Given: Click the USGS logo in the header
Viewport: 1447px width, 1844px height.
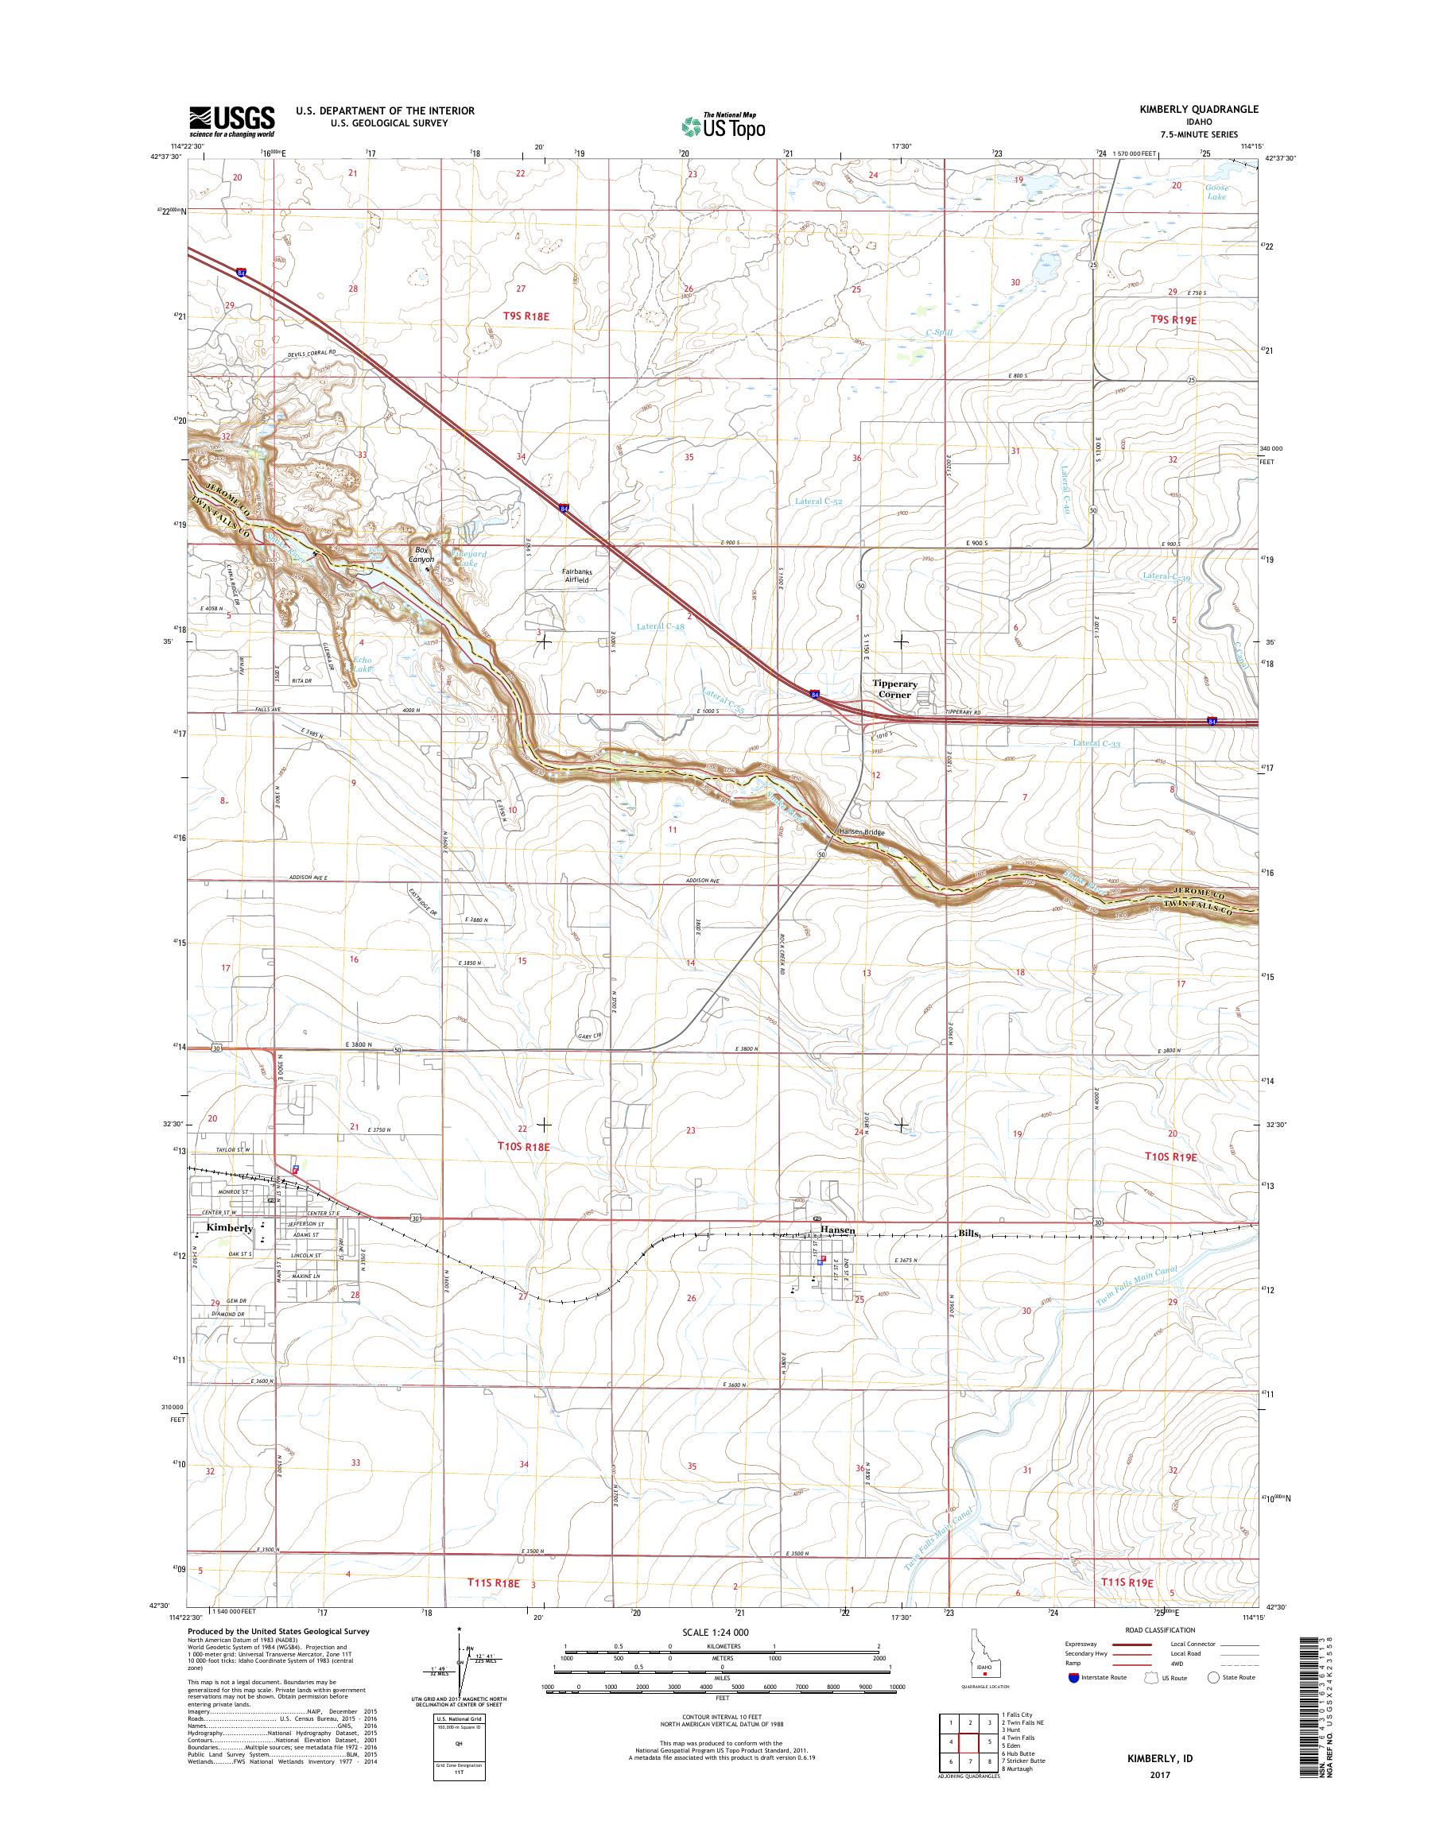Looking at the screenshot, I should pos(231,121).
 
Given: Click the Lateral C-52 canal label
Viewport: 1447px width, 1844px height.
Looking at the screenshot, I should pos(818,502).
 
